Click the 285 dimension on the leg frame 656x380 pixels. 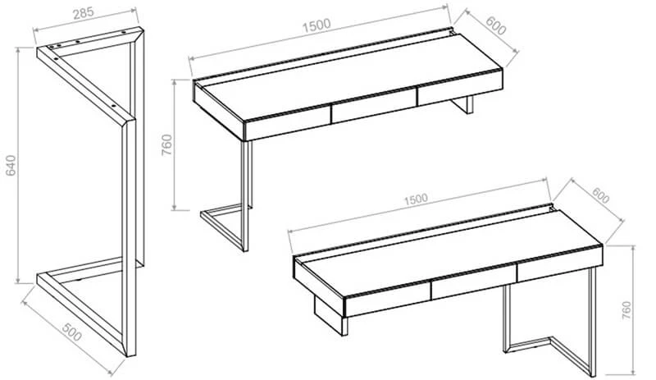click(x=84, y=13)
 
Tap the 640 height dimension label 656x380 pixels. click(x=11, y=165)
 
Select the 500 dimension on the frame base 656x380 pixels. click(x=71, y=332)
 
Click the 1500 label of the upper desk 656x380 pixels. click(x=317, y=26)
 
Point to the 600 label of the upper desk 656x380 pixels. click(x=496, y=26)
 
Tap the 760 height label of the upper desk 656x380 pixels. click(x=167, y=145)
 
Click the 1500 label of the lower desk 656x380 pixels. click(x=416, y=199)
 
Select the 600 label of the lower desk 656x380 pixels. click(x=600, y=195)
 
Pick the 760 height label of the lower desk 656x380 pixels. click(x=626, y=311)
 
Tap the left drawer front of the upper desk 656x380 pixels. click(x=288, y=125)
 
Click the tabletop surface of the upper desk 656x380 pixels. click(x=348, y=77)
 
